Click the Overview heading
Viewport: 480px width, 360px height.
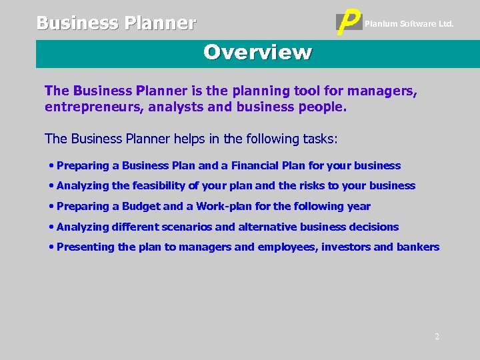257,52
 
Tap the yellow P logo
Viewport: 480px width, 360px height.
350,23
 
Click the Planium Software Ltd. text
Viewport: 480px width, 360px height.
409,24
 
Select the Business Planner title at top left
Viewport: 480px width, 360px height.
116,23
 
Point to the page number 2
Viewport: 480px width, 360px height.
437,337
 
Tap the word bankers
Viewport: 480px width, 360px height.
417,247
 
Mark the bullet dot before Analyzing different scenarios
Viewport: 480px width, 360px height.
51,227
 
